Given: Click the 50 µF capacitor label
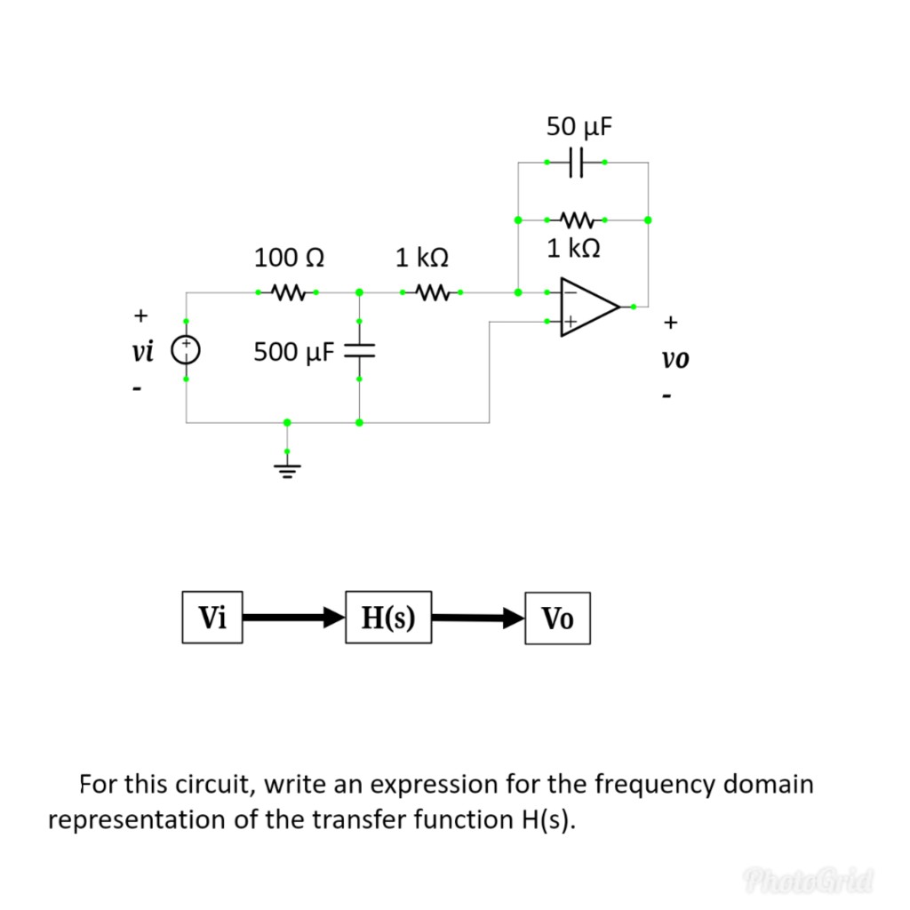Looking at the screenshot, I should pyautogui.click(x=579, y=127).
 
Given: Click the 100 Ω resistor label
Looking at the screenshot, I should pyautogui.click(x=288, y=259).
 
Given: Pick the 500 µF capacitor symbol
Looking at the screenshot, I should pyautogui.click(x=359, y=351).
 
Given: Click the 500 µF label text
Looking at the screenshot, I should pyautogui.click(x=293, y=352).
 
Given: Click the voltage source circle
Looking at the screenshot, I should pyautogui.click(x=186, y=350).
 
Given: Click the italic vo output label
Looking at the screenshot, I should pyautogui.click(x=675, y=359).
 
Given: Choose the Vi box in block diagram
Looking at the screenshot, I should pyautogui.click(x=212, y=618).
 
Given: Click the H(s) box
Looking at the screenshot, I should pyautogui.click(x=388, y=618).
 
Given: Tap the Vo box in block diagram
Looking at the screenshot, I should pyautogui.click(x=557, y=618).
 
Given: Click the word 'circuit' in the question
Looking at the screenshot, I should pyautogui.click(x=220, y=785).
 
